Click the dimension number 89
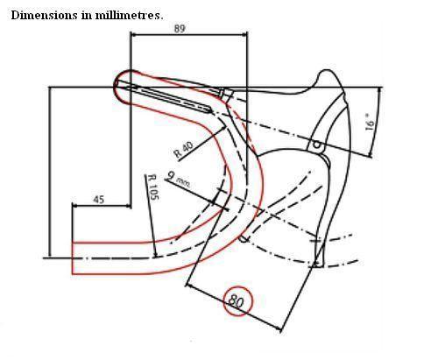(x=180, y=29)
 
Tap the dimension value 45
(x=99, y=200)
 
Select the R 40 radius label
(x=183, y=150)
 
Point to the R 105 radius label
(x=153, y=187)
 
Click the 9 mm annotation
(x=179, y=180)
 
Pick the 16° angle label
(x=370, y=123)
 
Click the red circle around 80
(x=238, y=301)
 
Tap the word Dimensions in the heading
(x=44, y=15)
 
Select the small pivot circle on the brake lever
(x=316, y=145)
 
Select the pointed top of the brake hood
(x=326, y=71)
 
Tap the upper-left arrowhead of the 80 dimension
(x=188, y=286)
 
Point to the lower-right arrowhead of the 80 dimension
(x=279, y=329)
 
